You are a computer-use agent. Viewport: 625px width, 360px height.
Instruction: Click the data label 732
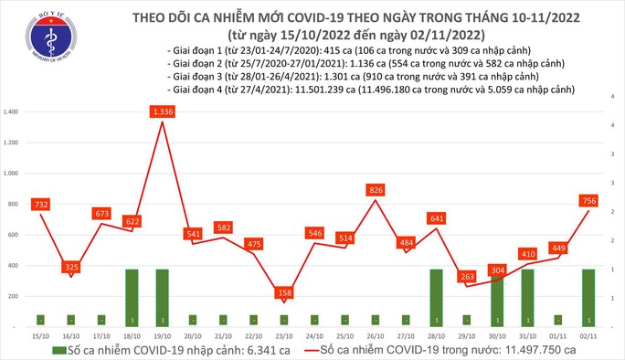(39, 205)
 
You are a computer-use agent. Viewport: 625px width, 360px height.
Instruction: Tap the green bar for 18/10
(132, 298)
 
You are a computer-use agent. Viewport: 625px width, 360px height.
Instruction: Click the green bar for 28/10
(439, 298)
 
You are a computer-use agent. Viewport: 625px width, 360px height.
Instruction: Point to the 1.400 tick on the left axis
(13, 111)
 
